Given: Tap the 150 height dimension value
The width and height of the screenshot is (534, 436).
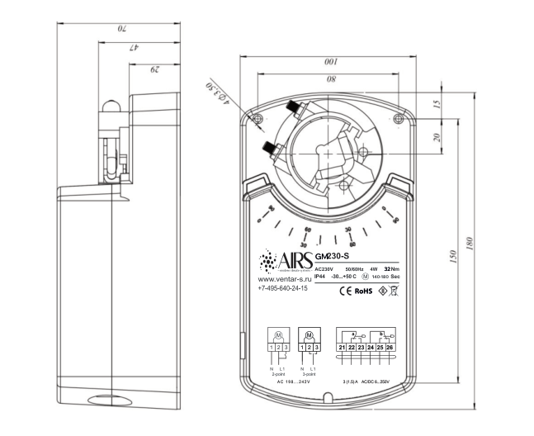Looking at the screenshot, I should (451, 258).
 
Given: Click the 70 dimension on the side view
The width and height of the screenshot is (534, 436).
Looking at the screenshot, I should (119, 30).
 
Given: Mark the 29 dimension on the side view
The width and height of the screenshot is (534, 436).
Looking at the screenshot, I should (154, 70).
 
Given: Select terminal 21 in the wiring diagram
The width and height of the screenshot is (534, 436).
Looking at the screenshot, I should (342, 348).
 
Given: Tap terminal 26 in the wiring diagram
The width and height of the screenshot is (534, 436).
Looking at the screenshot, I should (390, 348).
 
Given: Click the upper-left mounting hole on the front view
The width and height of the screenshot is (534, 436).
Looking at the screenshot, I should (259, 119).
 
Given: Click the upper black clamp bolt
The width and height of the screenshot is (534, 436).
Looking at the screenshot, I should (293, 107).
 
